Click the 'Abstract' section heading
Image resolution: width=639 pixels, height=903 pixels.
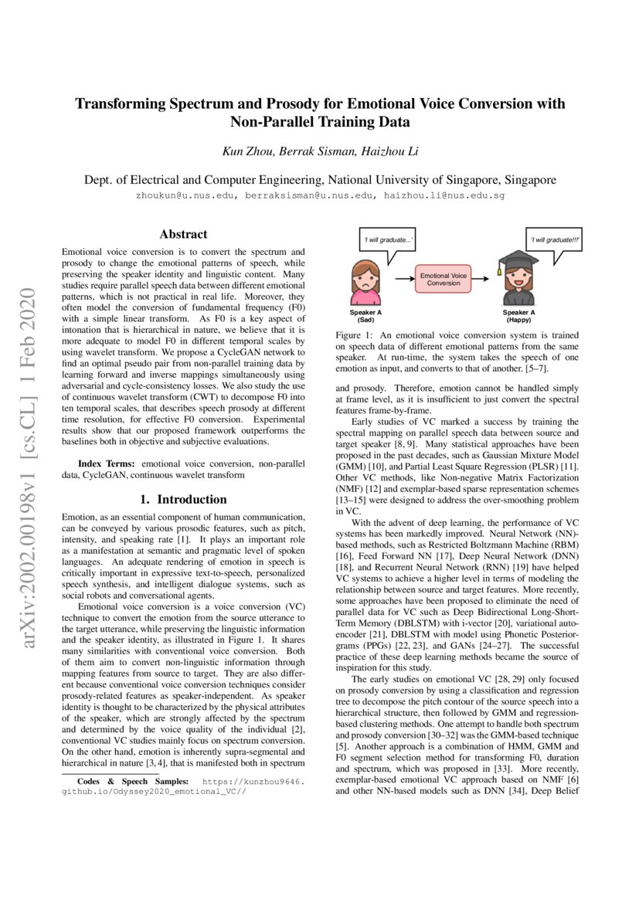coord(183,234)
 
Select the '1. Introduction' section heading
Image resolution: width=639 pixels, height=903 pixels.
coord(183,499)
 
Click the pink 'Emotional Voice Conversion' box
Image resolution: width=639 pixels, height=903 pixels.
coord(442,279)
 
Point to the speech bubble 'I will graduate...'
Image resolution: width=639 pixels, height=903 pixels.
coord(388,241)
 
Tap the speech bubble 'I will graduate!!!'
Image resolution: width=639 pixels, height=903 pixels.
coord(555,241)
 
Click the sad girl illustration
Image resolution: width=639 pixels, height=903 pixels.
coord(366,283)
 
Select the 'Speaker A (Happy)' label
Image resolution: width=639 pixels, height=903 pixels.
coord(518,316)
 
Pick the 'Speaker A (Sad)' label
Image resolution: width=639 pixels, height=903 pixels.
coord(365,316)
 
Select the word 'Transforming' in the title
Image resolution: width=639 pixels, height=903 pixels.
coord(122,104)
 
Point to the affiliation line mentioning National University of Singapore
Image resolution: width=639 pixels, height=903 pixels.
coord(319,180)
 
